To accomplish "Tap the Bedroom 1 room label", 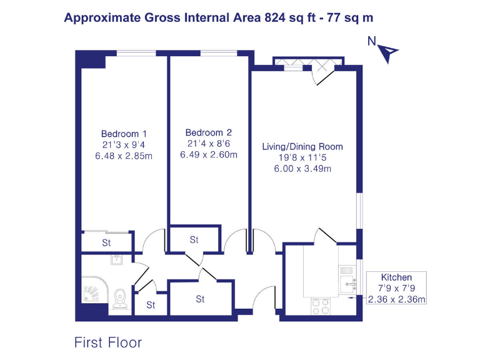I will click(x=124, y=133).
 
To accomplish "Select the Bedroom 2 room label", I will click(x=209, y=132).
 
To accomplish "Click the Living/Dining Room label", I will click(x=302, y=147).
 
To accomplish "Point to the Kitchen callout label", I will click(x=397, y=277).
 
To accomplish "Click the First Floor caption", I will click(x=108, y=342).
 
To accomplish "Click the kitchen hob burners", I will click(x=321, y=306).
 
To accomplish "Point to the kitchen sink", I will click(x=347, y=282).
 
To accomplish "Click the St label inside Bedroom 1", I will click(x=106, y=242).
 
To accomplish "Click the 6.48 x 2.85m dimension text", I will click(x=124, y=156).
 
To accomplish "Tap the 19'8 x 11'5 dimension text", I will click(x=302, y=158).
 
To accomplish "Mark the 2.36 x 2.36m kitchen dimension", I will click(x=397, y=299).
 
